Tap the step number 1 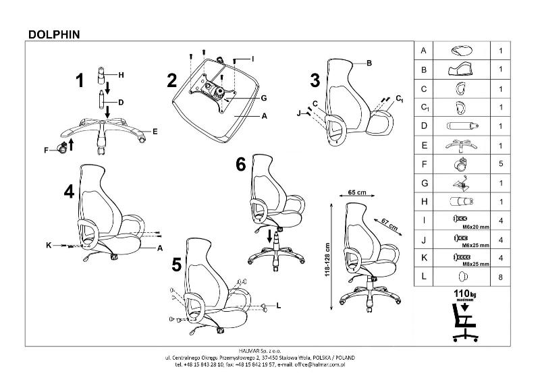pos(80,81)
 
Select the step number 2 pos(172,81)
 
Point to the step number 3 pos(315,81)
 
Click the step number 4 pos(69,192)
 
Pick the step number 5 pos(177,264)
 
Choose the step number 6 pos(242,165)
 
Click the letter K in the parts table pos(424,258)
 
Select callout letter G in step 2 pos(264,98)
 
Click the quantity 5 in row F pos(500,164)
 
